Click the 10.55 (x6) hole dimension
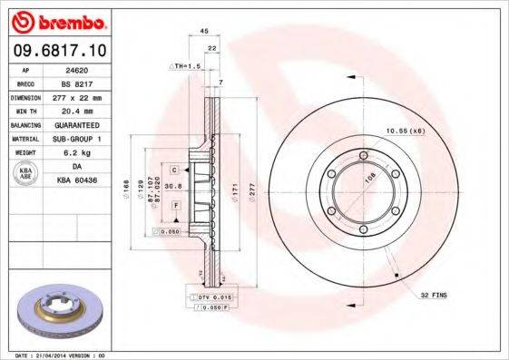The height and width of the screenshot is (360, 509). pos(405,132)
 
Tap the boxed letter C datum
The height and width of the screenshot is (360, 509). pos(172,170)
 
